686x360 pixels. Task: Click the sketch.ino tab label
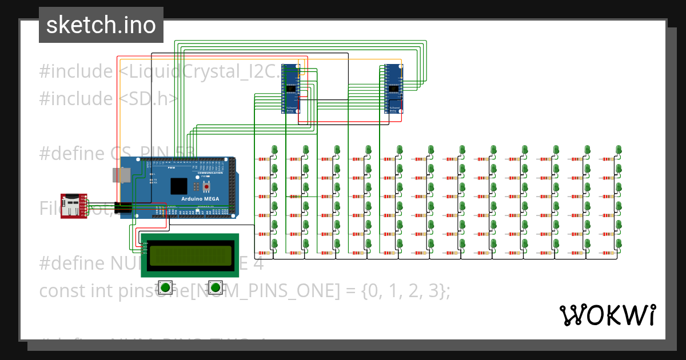pos(101,25)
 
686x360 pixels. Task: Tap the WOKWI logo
pos(607,315)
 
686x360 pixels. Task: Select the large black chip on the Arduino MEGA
pos(178,186)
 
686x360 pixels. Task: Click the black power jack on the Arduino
pos(122,209)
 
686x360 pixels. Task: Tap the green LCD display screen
pos(189,254)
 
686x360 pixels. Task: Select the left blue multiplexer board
pos(291,89)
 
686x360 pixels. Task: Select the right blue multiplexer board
pos(394,89)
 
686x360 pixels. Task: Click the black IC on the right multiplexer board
pos(394,89)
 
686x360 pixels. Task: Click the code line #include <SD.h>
pos(109,99)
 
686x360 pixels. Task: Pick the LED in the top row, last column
pos(619,150)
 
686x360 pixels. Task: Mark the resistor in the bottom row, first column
pos(264,253)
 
